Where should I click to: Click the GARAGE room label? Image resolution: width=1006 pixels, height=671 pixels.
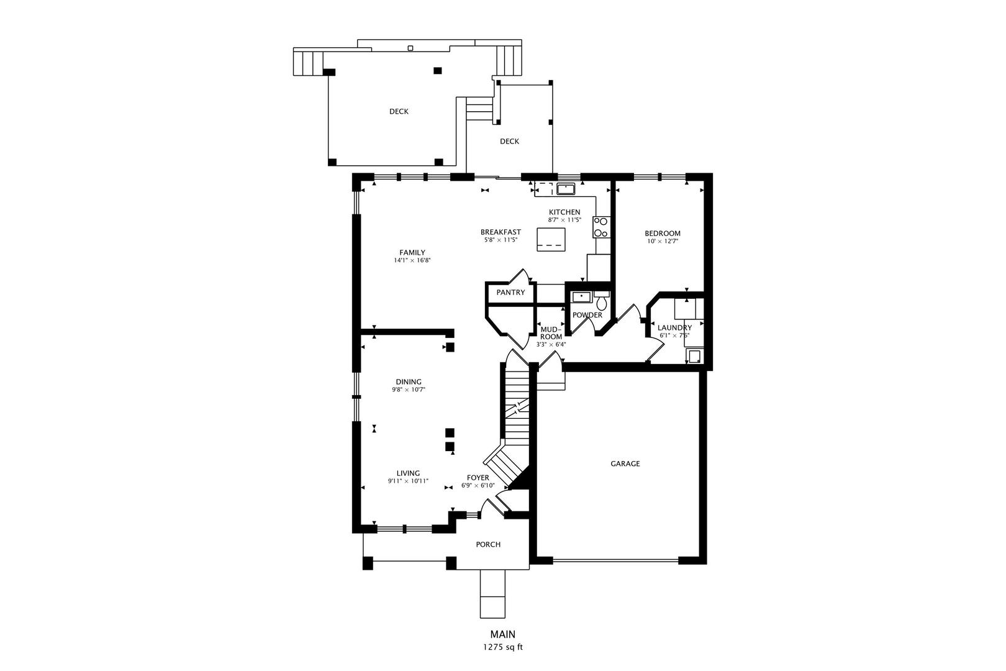click(x=625, y=463)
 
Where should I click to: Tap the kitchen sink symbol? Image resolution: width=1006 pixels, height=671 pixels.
click(x=566, y=189)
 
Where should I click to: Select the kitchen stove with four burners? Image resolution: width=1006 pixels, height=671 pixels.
click(x=601, y=227)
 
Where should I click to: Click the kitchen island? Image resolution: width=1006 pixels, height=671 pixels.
click(x=551, y=240)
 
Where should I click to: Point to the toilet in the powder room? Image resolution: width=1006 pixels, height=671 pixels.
click(x=602, y=301)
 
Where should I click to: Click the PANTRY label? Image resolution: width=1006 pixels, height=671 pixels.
click(x=510, y=293)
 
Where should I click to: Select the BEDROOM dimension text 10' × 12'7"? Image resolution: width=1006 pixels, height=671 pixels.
click(x=663, y=241)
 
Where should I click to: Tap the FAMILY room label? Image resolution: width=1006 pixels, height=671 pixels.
click(x=412, y=253)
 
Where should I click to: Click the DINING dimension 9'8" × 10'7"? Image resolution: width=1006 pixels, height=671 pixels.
click(x=409, y=390)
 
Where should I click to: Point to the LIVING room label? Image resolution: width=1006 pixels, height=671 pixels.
click(x=408, y=473)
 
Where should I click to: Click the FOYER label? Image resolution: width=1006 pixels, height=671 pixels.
click(x=478, y=478)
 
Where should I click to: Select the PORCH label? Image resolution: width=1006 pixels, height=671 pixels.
click(x=488, y=544)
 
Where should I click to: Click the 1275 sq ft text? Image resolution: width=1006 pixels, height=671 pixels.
click(x=503, y=647)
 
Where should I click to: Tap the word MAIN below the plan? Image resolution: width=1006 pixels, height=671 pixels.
click(x=503, y=634)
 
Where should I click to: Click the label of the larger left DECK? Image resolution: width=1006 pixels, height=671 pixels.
click(x=399, y=111)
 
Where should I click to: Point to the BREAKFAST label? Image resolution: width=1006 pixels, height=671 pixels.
click(x=501, y=232)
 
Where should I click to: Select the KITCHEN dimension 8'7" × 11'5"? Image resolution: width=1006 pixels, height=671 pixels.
click(x=564, y=220)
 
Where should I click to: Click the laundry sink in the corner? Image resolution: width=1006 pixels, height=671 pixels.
click(x=694, y=357)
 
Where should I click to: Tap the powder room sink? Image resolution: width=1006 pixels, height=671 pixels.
click(x=582, y=297)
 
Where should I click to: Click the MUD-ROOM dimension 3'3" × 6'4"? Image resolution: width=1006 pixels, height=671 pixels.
click(x=551, y=345)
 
